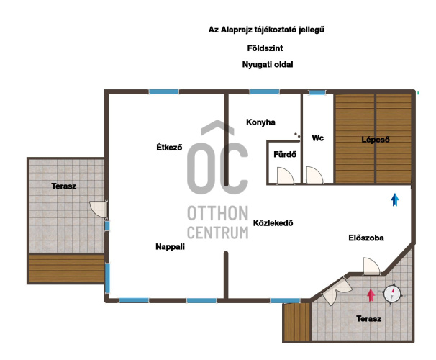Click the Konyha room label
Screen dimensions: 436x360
pos(260,122)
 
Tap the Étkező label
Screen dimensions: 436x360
pos(169,147)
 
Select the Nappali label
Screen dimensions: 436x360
pos(170,247)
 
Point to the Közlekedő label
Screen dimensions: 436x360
pos(273,223)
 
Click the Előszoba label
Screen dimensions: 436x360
pos(366,238)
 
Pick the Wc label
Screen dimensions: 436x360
pos(317,138)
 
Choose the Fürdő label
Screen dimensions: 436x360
pos(285,154)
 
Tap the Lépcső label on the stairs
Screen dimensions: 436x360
pos(376,140)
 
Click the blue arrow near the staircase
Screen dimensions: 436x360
pos(395,199)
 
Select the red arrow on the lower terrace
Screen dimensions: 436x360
pos(371,295)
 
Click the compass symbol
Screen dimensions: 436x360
pos(392,294)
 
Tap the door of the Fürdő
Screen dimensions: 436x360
pos(286,176)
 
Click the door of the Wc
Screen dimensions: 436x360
pos(314,175)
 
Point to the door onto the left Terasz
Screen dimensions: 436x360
pos(99,210)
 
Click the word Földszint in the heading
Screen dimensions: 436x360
pos(265,48)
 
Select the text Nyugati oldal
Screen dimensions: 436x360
pos(268,65)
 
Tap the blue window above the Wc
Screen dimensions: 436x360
pos(317,93)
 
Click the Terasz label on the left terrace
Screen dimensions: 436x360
pos(64,186)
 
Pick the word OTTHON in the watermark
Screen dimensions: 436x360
pos(218,213)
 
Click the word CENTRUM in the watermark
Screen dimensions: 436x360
pos(218,233)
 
